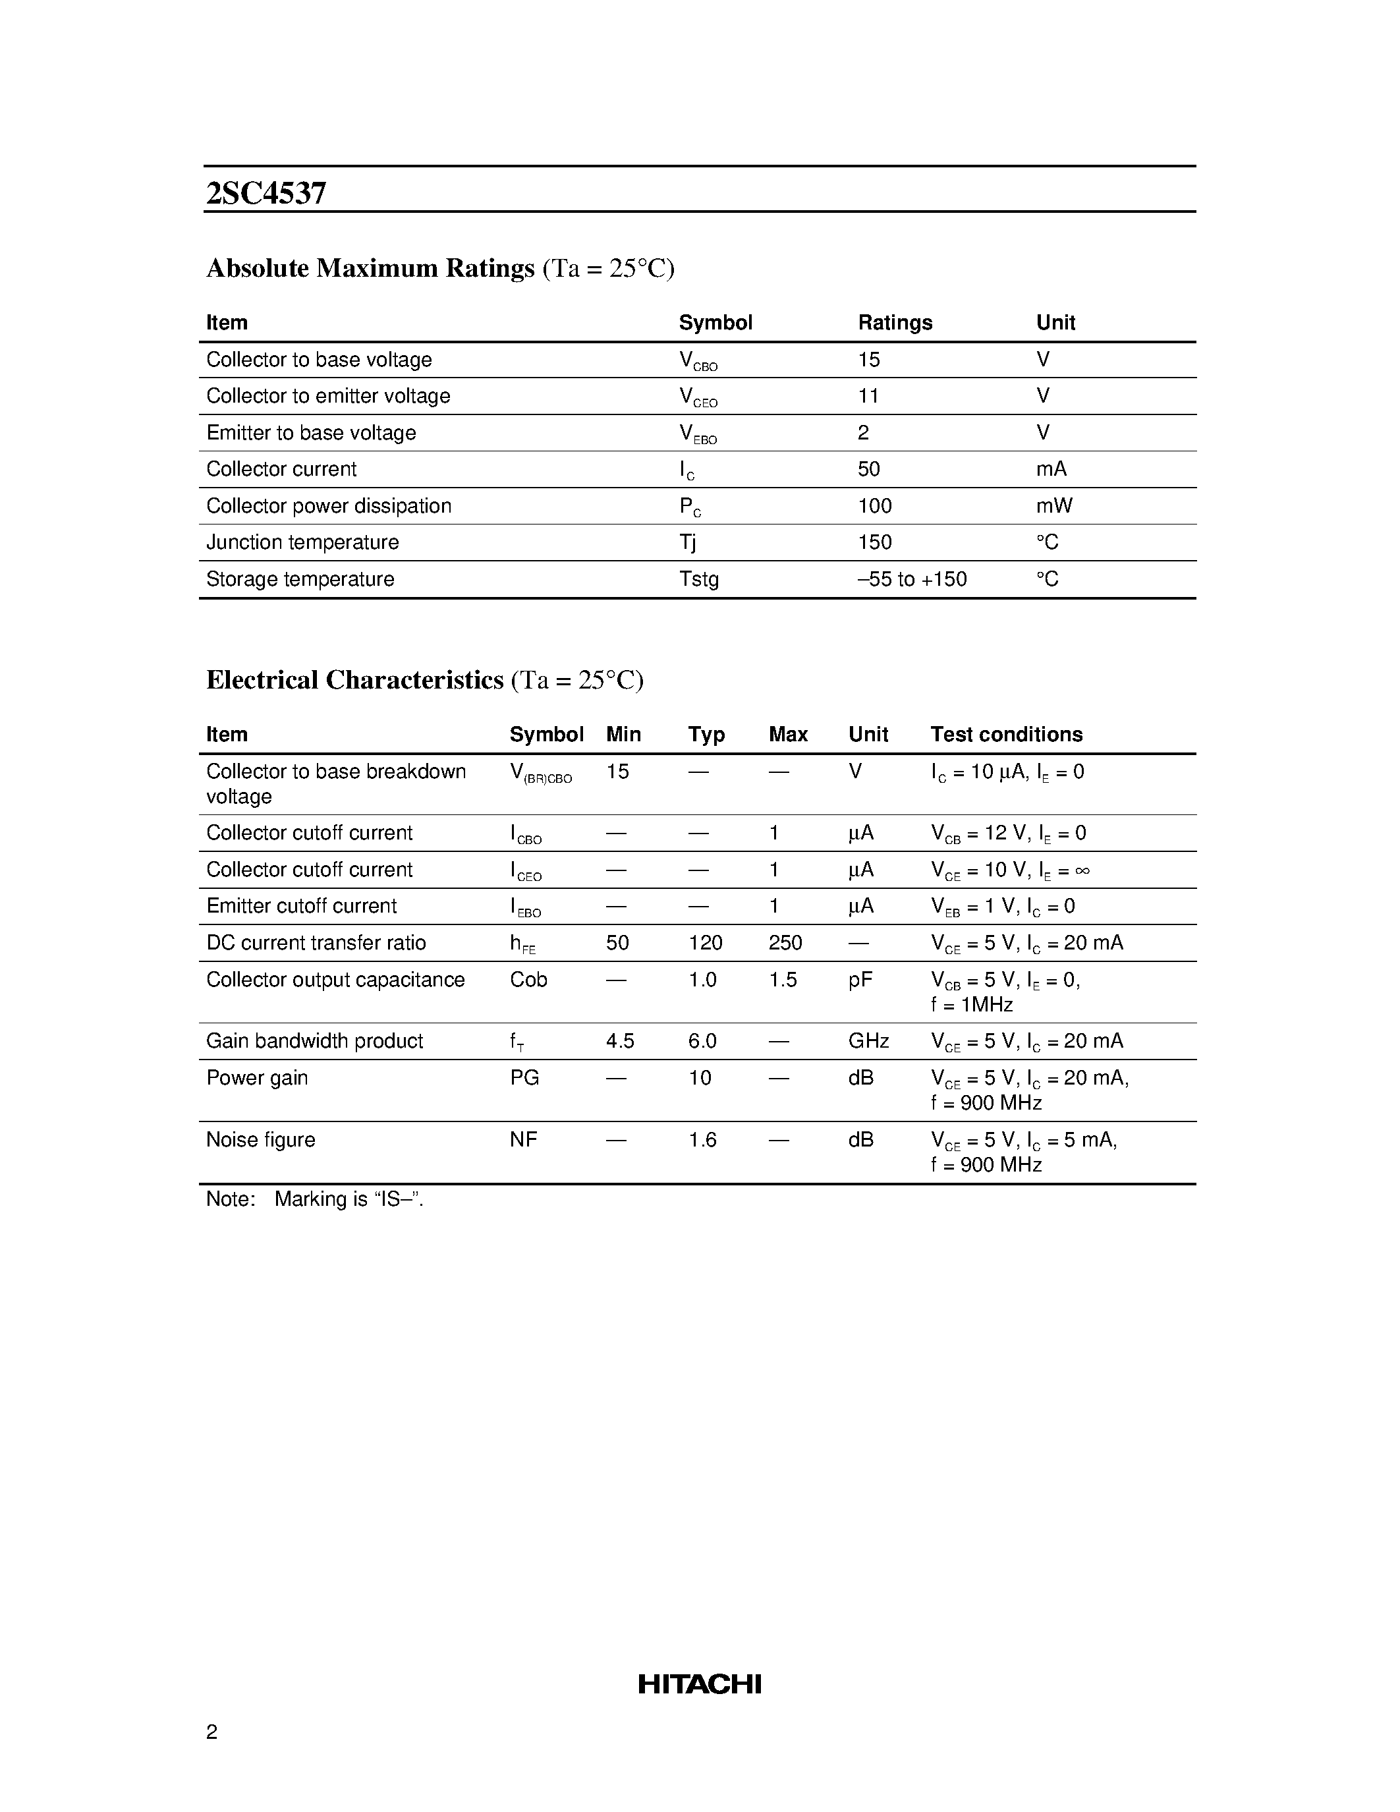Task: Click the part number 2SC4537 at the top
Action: pyautogui.click(x=266, y=193)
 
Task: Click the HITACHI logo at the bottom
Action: pyautogui.click(x=699, y=1684)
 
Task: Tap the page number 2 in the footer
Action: pyautogui.click(x=211, y=1732)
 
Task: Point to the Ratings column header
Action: pyautogui.click(x=895, y=323)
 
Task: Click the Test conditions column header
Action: pyautogui.click(x=1006, y=734)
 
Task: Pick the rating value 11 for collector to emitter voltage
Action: pyautogui.click(x=868, y=397)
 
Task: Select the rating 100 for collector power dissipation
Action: pyautogui.click(x=875, y=506)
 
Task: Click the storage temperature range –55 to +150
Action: pyautogui.click(x=912, y=579)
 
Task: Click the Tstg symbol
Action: pyautogui.click(x=698, y=579)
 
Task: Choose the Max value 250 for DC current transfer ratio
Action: pyautogui.click(x=785, y=944)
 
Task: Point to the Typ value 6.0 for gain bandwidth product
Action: pyautogui.click(x=702, y=1041)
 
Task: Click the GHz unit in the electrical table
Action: pyautogui.click(x=868, y=1041)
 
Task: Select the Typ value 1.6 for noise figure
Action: pyautogui.click(x=702, y=1140)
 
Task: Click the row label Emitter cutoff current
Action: pyautogui.click(x=302, y=906)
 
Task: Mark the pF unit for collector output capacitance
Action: pyautogui.click(x=860, y=980)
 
